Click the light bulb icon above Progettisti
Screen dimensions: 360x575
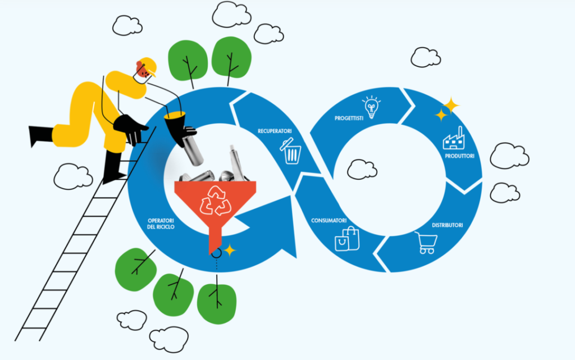click(370, 106)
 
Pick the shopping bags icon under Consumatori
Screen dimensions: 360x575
click(347, 238)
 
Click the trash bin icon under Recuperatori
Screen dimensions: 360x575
click(292, 152)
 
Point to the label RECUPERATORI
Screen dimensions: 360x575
click(275, 131)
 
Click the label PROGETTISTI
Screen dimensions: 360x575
click(349, 119)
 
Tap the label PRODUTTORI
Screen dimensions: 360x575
click(461, 156)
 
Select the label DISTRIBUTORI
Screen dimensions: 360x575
click(447, 225)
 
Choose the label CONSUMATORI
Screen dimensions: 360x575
click(328, 220)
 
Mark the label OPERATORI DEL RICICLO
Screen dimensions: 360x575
click(161, 224)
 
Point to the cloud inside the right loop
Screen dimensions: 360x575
click(362, 169)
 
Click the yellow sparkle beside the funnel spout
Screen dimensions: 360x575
click(230, 250)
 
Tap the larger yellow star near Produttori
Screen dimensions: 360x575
click(450, 104)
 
